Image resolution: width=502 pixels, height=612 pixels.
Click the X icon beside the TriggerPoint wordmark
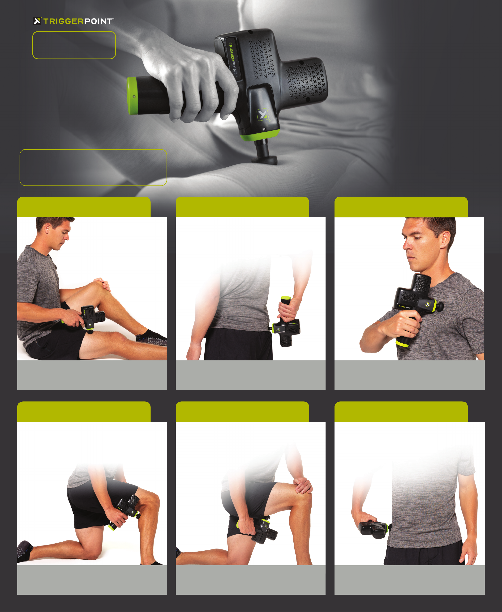click(37, 21)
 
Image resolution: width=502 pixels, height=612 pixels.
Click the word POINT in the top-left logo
click(98, 21)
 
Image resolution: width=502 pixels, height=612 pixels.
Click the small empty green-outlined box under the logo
click(74, 45)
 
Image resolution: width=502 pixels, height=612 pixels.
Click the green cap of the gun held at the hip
click(285, 298)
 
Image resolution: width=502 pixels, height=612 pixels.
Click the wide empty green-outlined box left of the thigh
click(93, 167)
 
